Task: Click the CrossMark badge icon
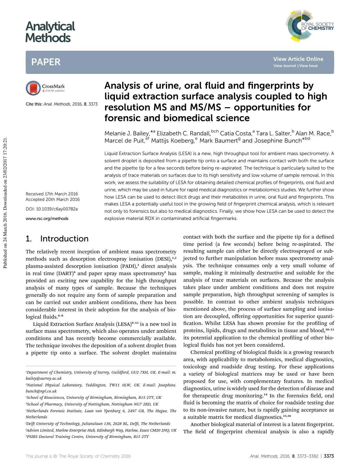pyautogui.click(x=33, y=88)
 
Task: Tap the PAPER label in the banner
pyautogui.click(x=46, y=62)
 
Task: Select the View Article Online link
pyautogui.click(x=298, y=59)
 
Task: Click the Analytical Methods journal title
pyautogui.click(x=50, y=32)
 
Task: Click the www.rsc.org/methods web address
pyautogui.click(x=47, y=219)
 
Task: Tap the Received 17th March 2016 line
pyautogui.click(x=52, y=194)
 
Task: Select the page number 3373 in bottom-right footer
pyautogui.click(x=329, y=456)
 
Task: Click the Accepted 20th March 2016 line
pyautogui.click(x=53, y=199)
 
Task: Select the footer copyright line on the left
pyautogui.click(x=78, y=456)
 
